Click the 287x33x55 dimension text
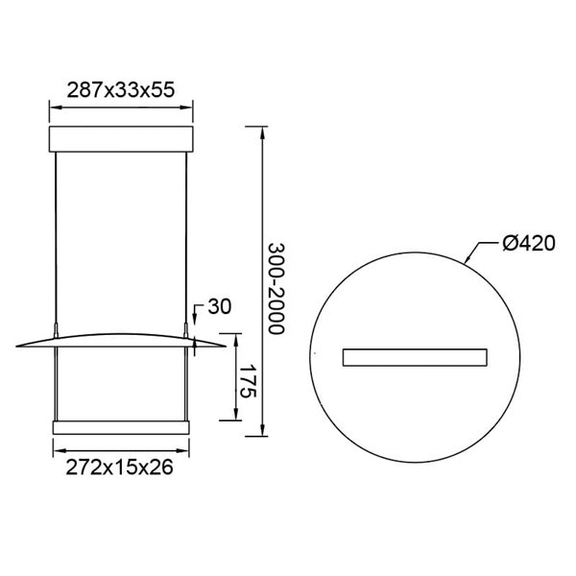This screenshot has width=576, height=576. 121,89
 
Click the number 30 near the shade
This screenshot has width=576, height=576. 219,307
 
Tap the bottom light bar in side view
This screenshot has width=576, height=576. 121,426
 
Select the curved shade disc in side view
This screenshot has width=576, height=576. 121,338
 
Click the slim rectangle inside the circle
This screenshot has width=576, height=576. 414,356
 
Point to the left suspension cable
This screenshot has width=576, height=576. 57,240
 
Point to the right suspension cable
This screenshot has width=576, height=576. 185,240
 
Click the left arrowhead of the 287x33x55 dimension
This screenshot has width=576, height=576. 53,108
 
